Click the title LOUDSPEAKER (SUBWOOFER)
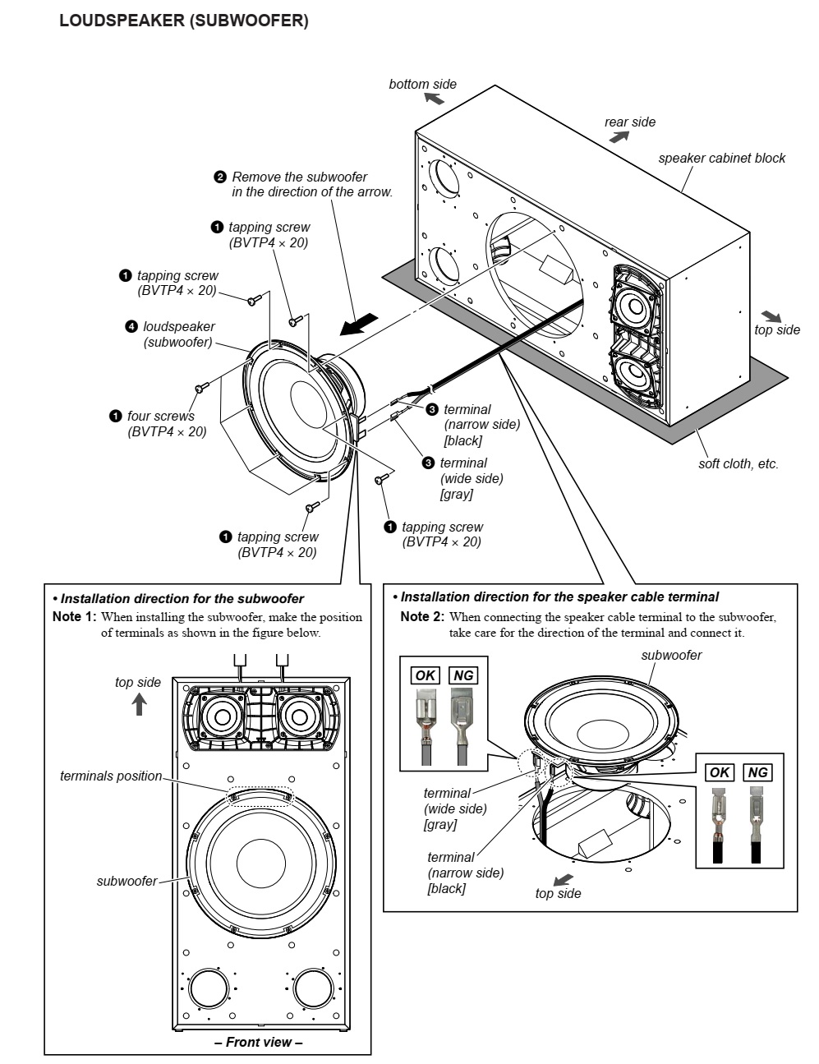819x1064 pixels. click(183, 22)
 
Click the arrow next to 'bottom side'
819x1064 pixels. click(434, 99)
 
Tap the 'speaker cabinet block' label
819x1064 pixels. click(721, 158)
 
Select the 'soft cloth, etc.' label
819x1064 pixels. click(738, 463)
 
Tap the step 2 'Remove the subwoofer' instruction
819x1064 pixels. click(304, 184)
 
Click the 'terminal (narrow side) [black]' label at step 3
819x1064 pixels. click(481, 425)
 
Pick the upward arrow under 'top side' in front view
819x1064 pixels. click(140, 703)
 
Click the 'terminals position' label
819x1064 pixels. click(111, 776)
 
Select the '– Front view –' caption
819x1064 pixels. click(259, 1042)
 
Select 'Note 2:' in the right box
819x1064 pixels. click(422, 616)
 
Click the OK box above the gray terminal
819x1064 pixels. click(426, 675)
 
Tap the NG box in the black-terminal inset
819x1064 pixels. click(757, 772)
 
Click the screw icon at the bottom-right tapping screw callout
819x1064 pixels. click(381, 479)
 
